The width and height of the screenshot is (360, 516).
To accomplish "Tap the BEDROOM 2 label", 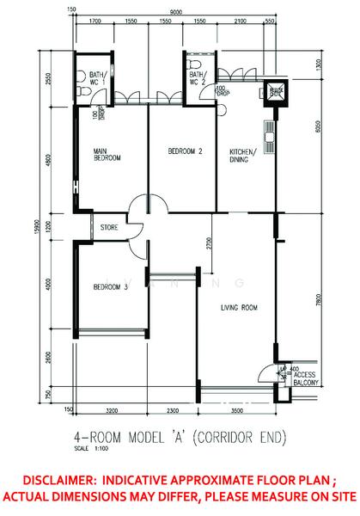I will click(x=183, y=151).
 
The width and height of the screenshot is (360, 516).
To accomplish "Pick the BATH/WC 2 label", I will click(x=198, y=78).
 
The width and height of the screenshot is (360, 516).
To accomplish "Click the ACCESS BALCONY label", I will click(x=306, y=379).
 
